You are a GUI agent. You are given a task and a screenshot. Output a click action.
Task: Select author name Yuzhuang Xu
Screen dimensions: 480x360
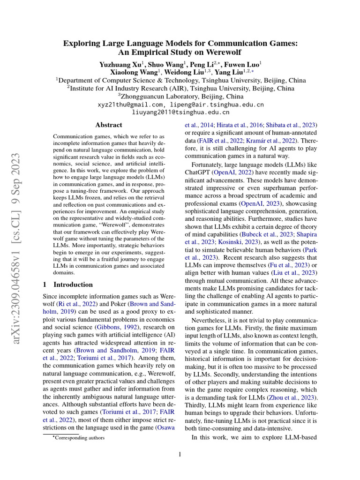[119, 63]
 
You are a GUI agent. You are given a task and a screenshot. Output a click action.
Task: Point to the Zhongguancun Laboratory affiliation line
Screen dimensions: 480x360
[180, 96]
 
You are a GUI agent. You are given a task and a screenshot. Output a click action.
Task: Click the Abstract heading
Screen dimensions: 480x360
[109, 125]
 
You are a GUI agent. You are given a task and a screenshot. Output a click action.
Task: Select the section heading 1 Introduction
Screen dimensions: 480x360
[68, 285]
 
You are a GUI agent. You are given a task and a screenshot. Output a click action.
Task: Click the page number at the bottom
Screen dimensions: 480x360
[180, 454]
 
